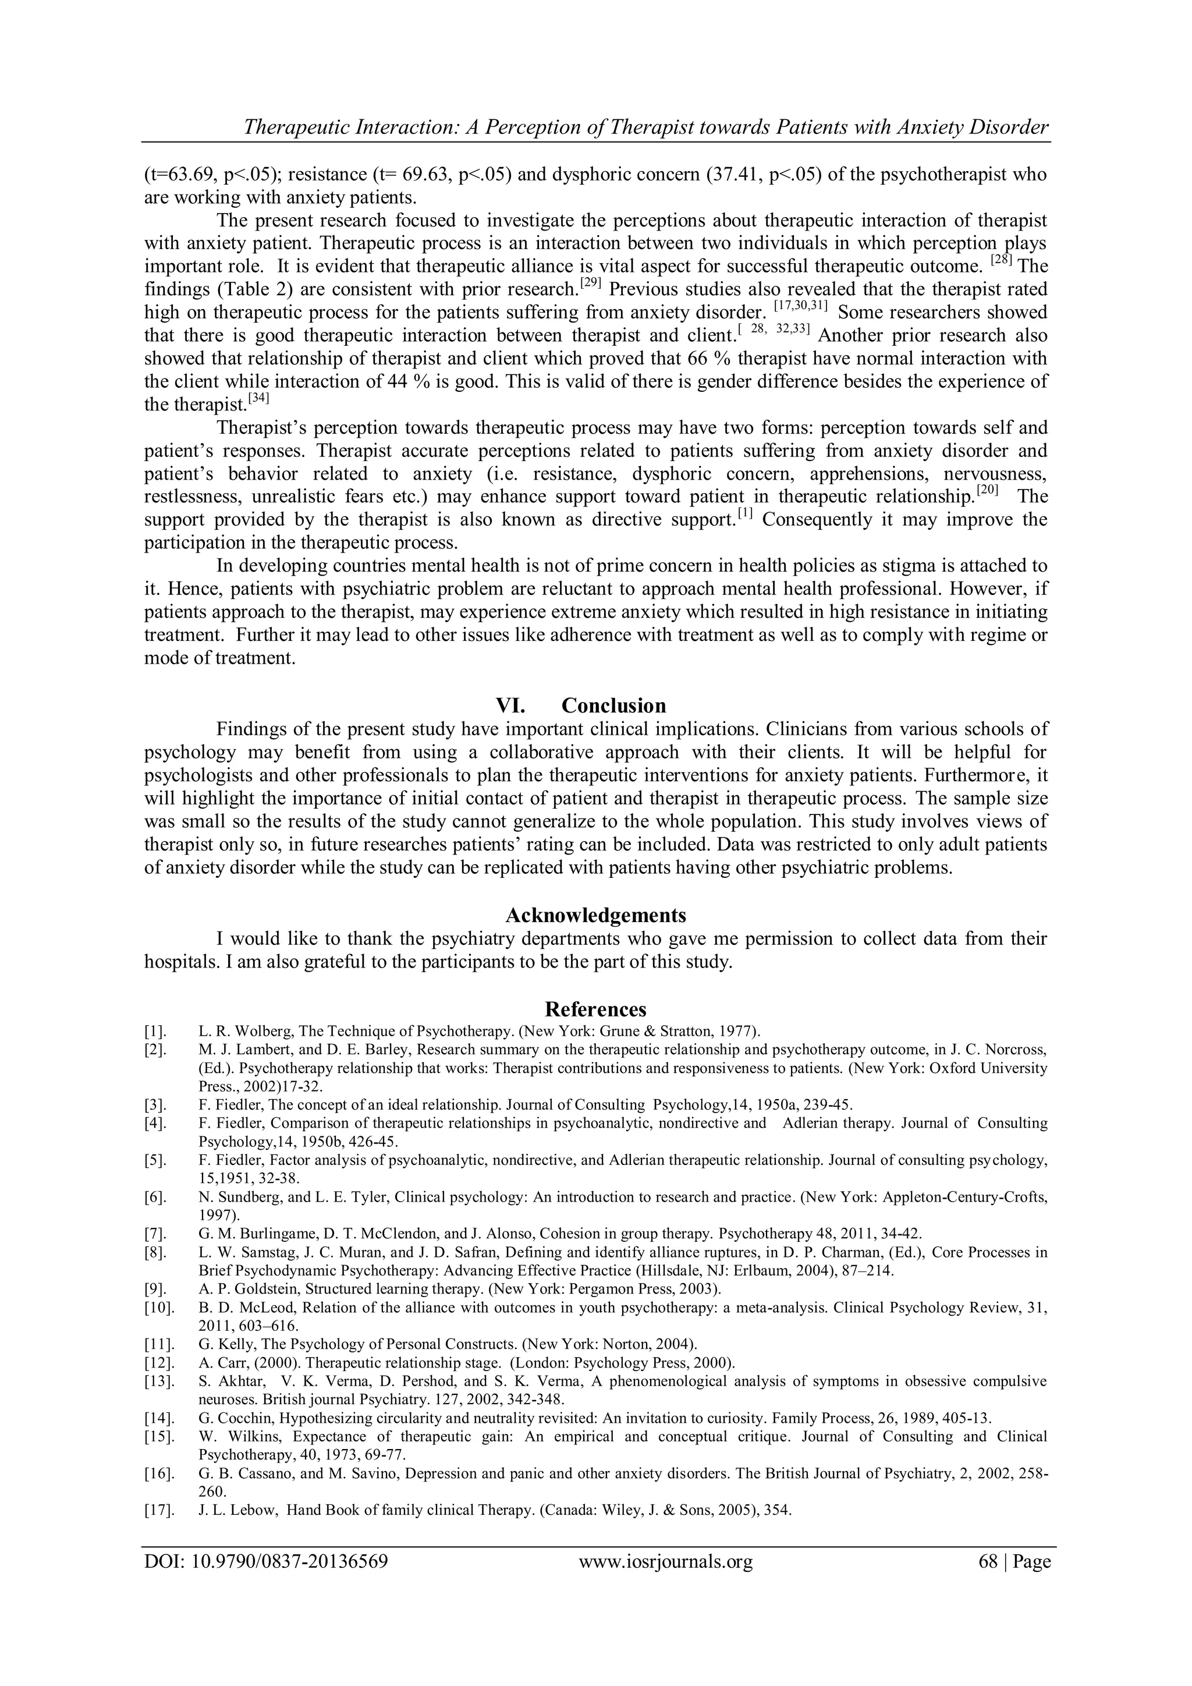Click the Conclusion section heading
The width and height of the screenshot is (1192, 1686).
613,706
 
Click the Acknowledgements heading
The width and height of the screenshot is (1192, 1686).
595,915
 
